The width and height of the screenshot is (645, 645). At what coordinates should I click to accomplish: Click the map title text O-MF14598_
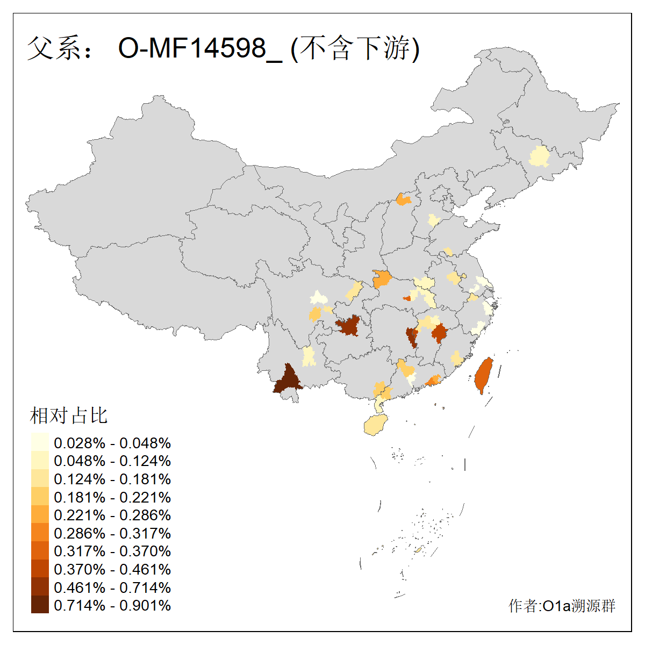tap(200, 49)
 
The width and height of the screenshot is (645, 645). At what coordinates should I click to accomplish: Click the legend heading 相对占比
tap(69, 415)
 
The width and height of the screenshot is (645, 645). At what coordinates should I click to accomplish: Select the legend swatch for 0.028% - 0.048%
tap(40, 443)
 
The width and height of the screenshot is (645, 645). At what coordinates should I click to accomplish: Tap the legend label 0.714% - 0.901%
tap(112, 605)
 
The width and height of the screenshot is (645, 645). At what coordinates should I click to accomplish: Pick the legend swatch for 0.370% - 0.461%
tap(40, 569)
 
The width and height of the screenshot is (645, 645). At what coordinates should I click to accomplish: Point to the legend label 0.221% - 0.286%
tap(112, 515)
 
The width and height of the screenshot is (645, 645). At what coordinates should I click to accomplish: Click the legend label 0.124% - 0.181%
tap(112, 479)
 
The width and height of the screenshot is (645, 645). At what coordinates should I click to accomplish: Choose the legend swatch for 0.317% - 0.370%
tap(40, 551)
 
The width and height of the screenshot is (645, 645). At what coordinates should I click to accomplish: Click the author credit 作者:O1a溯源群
tap(562, 606)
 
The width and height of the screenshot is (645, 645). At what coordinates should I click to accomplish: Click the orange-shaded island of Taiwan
tap(483, 376)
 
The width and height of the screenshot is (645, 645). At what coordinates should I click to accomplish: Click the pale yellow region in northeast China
tap(540, 156)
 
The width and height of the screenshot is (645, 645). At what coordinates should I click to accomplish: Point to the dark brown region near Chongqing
tap(349, 325)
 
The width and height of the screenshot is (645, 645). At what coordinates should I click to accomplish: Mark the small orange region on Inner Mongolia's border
tap(403, 200)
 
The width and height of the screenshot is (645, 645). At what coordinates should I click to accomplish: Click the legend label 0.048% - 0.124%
tap(112, 461)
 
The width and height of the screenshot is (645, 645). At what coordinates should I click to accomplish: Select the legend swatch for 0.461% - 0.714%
tap(40, 587)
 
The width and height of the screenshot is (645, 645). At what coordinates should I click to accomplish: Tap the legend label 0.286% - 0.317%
tap(112, 533)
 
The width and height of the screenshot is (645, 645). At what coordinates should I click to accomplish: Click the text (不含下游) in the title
tap(355, 49)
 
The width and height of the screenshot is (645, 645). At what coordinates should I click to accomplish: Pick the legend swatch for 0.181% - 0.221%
tap(40, 497)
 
